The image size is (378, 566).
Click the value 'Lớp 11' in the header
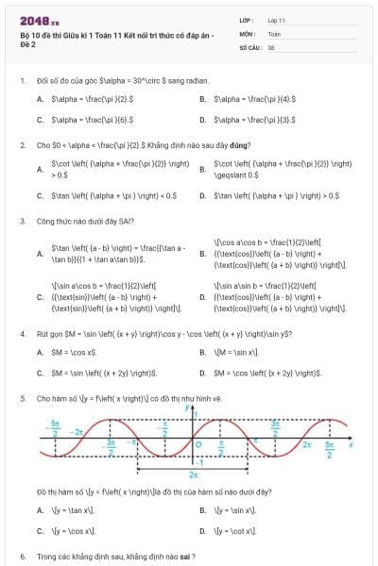click(x=276, y=20)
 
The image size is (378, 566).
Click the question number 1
click(x=22, y=80)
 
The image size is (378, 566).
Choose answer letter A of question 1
click(x=40, y=98)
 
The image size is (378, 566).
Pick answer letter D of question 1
click(x=202, y=120)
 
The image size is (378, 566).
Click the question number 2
click(x=22, y=145)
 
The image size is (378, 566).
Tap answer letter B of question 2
click(x=202, y=169)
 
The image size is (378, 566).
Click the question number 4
click(x=22, y=334)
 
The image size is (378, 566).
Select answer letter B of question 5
click(x=202, y=509)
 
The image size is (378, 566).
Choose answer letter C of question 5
click(x=40, y=531)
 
